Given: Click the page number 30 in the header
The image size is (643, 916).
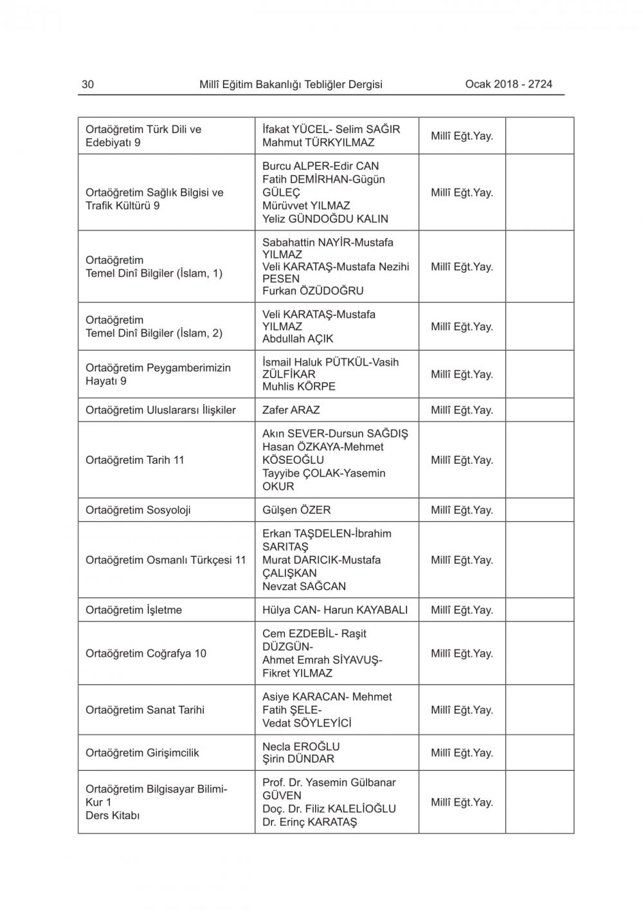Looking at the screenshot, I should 88,84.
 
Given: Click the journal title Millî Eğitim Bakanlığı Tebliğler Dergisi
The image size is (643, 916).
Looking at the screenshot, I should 291,84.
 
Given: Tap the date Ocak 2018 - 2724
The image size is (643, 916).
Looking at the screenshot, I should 509,84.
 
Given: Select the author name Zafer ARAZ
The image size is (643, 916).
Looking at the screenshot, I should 291,410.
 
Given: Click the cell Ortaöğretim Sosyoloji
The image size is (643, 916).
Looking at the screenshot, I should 138,510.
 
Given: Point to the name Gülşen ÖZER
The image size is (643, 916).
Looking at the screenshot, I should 296,510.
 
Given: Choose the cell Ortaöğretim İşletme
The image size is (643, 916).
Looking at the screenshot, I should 133,610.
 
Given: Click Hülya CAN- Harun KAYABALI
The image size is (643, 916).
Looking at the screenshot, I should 335,610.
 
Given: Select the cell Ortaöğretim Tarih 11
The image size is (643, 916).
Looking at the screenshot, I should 134,460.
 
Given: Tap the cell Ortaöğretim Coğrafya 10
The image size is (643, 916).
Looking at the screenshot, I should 145,654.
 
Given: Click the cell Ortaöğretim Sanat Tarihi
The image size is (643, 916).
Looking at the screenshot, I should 145,710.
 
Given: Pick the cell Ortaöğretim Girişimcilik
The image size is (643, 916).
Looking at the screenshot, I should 142,753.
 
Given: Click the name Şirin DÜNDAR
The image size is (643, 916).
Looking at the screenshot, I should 298,759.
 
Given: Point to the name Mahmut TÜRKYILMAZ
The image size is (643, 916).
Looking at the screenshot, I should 318,142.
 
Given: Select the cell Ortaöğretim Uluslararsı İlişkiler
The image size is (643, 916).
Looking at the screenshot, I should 160,410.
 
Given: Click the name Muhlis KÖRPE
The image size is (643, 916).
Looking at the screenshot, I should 298,387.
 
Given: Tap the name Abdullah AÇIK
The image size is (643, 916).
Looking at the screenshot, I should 298,339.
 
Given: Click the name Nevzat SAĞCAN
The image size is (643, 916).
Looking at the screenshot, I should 303,587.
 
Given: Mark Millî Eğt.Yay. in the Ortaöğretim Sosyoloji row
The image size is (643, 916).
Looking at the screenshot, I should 462,510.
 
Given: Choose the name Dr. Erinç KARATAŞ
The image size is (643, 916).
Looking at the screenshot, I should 309,822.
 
